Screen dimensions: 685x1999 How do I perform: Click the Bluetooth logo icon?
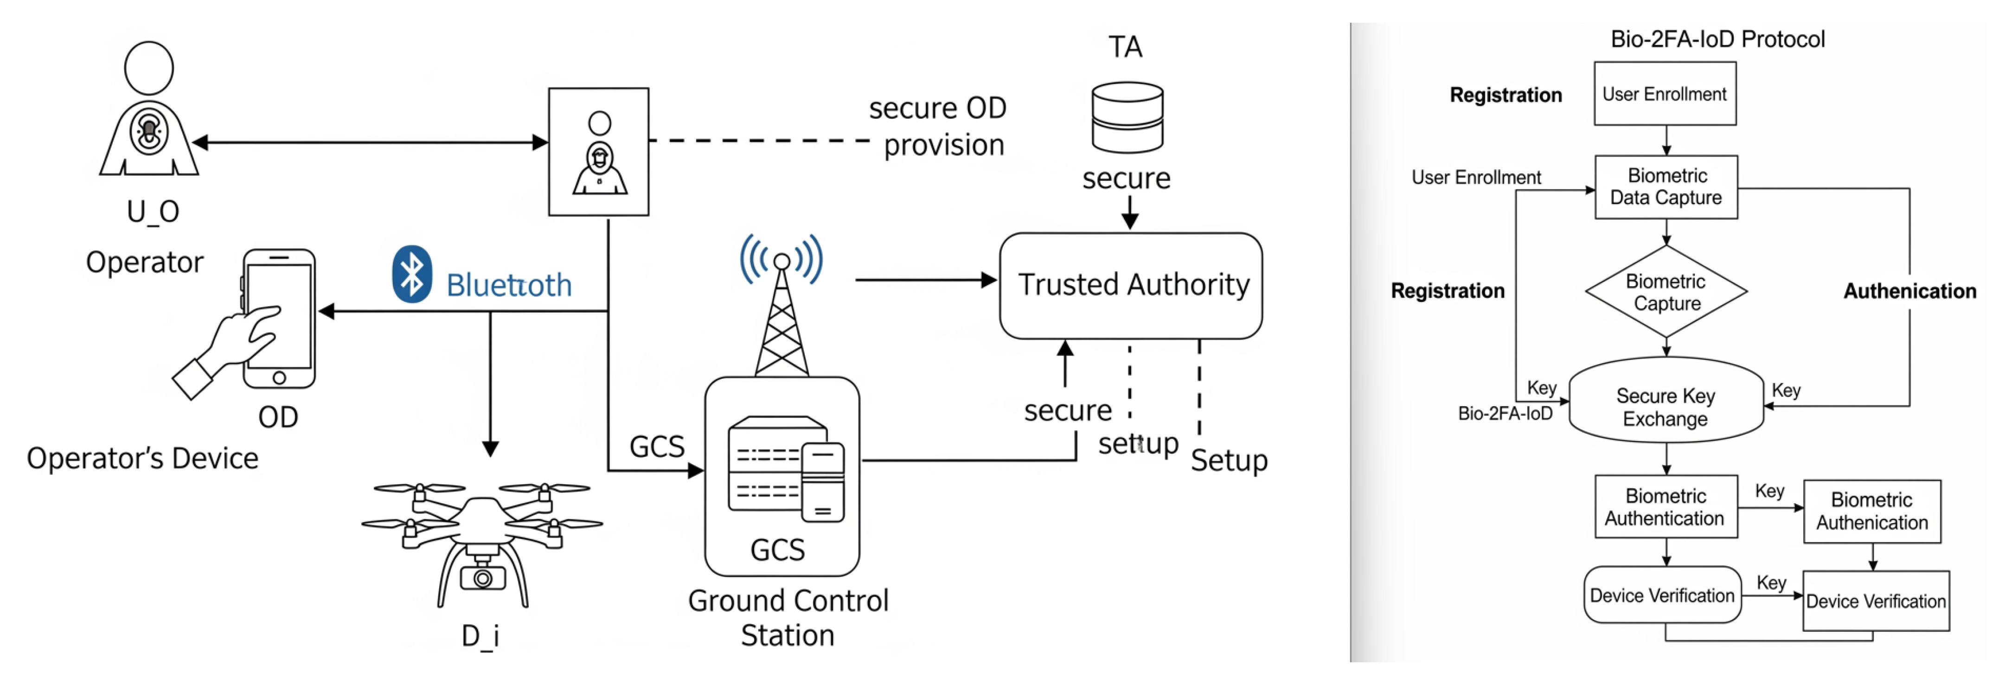[411, 274]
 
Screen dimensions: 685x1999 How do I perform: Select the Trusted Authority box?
[1131, 286]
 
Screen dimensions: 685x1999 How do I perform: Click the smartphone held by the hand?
[279, 318]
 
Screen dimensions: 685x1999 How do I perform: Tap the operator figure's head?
[149, 68]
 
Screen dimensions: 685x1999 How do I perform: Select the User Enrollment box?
[1665, 94]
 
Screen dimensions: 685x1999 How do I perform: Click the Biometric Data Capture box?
[1666, 187]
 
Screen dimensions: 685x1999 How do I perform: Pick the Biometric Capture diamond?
[1666, 292]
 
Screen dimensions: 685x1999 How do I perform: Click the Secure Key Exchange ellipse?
[1666, 406]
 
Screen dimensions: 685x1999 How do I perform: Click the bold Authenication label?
[1909, 291]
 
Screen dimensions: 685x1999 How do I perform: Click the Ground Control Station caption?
[787, 617]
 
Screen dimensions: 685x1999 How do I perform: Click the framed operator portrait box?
[598, 151]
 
